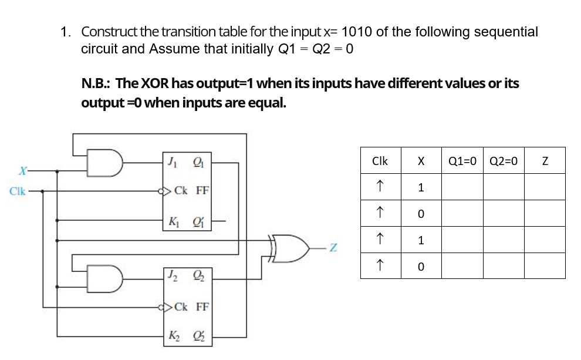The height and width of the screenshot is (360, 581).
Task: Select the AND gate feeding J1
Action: coord(104,163)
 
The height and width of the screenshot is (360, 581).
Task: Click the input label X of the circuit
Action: coord(22,171)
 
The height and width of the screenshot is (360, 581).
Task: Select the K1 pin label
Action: coord(173,222)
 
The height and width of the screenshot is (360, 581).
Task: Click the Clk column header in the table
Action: coord(380,160)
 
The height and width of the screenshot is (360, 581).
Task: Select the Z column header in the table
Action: coord(544,160)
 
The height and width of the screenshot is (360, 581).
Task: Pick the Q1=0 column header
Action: coord(462,160)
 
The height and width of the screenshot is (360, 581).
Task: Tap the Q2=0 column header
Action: coord(503,160)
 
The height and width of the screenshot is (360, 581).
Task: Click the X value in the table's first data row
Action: coord(421,188)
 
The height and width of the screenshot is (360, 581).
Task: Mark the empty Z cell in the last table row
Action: coord(544,267)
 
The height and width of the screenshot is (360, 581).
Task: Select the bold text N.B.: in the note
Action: coord(97,83)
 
